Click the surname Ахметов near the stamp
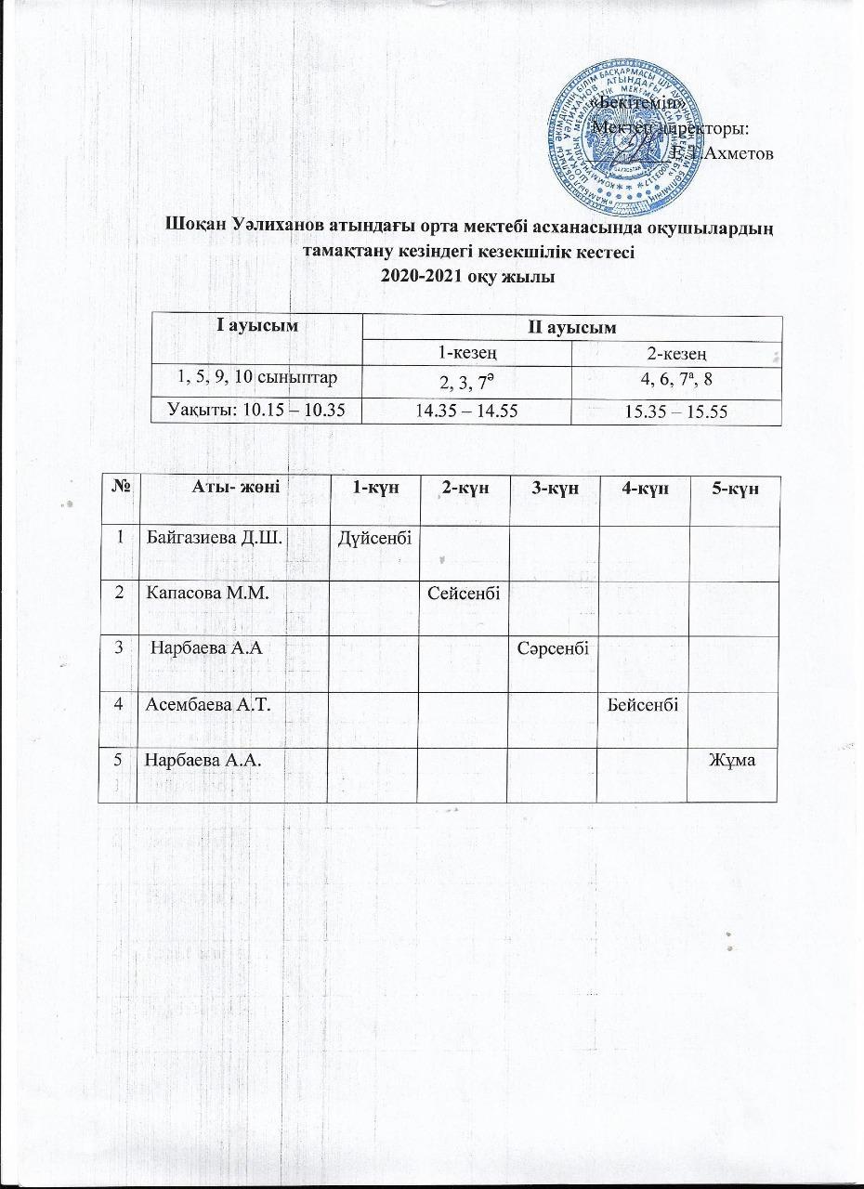[x=739, y=153]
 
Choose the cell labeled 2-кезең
[x=676, y=353]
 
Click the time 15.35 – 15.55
[x=676, y=409]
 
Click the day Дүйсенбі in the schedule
[x=373, y=536]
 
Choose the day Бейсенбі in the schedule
[x=642, y=704]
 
